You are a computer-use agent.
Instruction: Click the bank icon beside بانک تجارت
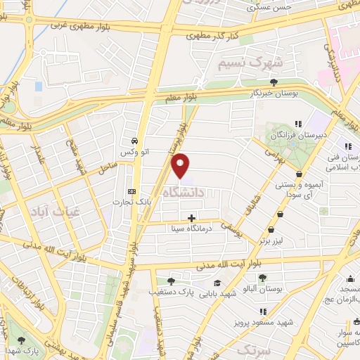click(131, 191)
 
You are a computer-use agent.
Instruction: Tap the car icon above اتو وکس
click(134, 139)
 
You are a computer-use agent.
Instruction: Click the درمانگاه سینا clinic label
click(191, 229)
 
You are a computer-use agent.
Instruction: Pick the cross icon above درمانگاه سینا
click(192, 218)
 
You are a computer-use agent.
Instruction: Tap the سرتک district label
click(253, 349)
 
